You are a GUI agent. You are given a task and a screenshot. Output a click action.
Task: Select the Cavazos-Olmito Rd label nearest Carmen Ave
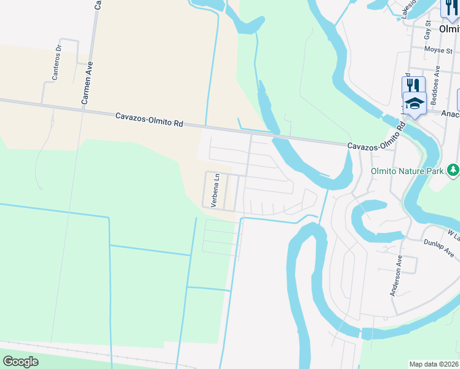[x=149, y=119]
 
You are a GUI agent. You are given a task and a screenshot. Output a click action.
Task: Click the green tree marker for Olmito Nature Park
[x=453, y=168]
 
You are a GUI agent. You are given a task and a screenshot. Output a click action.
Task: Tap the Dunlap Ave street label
[x=438, y=248]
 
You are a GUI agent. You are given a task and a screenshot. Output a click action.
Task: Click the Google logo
[x=20, y=362]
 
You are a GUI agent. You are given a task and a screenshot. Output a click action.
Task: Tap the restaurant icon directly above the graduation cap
[x=413, y=85]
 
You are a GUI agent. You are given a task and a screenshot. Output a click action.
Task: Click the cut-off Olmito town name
[x=450, y=28]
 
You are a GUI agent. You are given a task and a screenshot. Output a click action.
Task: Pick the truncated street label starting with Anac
[x=451, y=113]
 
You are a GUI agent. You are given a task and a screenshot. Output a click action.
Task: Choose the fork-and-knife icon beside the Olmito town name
[x=449, y=9]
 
